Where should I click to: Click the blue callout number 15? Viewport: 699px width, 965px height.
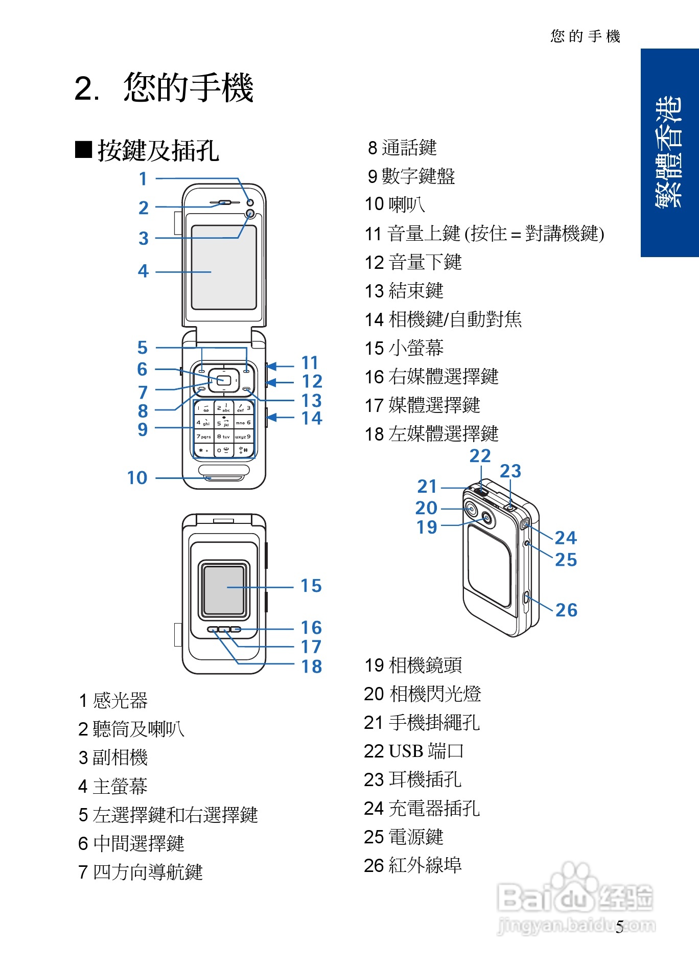tap(311, 586)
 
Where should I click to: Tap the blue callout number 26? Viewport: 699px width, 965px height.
tap(566, 610)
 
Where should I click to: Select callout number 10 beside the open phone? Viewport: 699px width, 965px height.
tap(137, 478)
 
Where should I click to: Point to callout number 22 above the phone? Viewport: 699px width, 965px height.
tap(480, 455)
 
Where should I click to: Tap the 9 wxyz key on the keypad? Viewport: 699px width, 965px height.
tap(243, 437)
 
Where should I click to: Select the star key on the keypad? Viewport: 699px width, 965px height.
tap(203, 450)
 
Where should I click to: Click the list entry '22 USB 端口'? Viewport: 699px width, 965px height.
tap(413, 751)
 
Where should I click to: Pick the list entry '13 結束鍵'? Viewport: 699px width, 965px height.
tap(404, 291)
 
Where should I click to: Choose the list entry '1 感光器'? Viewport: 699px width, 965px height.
tap(113, 700)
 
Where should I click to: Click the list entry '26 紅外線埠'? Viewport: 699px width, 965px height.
tap(412, 865)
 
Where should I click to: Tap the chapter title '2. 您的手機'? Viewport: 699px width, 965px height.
tap(164, 87)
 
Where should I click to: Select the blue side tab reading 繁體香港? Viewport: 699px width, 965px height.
tap(669, 152)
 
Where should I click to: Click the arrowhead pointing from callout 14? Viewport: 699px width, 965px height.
tap(272, 418)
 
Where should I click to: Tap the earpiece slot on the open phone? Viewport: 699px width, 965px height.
tap(223, 202)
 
